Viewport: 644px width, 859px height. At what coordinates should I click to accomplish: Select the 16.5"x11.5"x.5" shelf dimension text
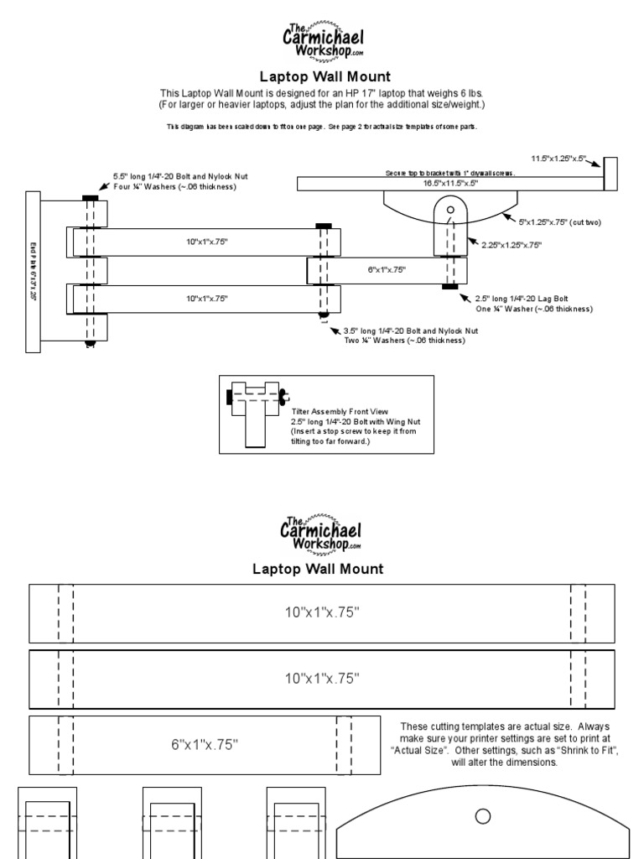449,182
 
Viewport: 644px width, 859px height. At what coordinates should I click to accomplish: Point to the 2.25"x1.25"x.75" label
512,245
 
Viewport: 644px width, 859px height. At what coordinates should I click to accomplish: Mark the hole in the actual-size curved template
482,815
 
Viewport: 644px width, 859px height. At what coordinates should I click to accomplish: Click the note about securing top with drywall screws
449,173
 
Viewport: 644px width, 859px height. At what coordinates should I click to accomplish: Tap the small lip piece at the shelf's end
610,174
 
